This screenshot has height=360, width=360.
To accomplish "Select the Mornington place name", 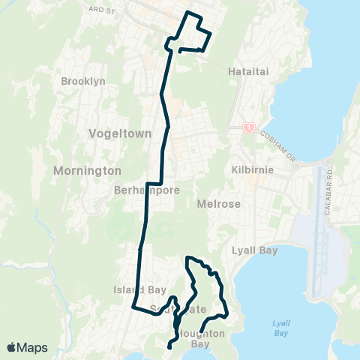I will click(87, 170).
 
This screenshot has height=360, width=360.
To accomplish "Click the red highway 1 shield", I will click(247, 127).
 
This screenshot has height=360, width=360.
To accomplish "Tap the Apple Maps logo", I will click(27, 347).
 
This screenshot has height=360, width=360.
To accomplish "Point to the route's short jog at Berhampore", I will click(154, 183).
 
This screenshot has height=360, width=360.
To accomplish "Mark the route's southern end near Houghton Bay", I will click(169, 346).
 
